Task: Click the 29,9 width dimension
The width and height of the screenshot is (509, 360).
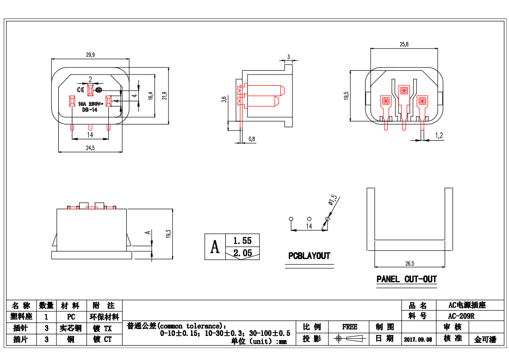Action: point(90,55)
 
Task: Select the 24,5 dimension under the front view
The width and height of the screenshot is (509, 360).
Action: point(90,148)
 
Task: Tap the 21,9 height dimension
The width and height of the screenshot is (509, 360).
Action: point(164,96)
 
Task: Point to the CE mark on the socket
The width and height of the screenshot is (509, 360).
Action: point(80,89)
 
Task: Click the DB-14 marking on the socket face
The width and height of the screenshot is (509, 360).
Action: point(89,110)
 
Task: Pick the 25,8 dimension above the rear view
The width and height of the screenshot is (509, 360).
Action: point(404,44)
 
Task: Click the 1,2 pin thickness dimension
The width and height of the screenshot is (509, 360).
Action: point(439,136)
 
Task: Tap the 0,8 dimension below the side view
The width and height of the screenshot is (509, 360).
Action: point(252,139)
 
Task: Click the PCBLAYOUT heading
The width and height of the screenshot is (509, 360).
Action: point(309,256)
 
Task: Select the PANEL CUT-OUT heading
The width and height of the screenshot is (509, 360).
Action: point(407,279)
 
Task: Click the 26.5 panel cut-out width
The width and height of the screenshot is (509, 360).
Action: point(410,263)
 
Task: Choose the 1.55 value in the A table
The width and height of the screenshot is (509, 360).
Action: point(242,241)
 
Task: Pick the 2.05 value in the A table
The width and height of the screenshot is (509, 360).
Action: point(242,253)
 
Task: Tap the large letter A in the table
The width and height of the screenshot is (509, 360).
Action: point(215,247)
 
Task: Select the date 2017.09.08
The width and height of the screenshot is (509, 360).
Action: point(418,339)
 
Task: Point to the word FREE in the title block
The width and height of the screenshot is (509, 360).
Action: point(349,327)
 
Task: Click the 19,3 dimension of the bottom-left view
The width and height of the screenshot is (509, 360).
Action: point(169,234)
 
